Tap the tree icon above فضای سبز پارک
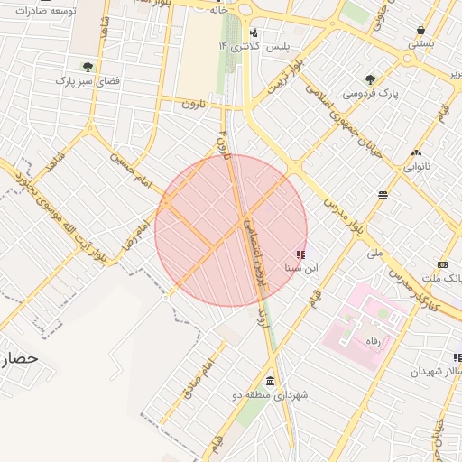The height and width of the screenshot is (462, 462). tap(88, 67)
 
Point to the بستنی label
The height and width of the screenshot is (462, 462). tap(421, 42)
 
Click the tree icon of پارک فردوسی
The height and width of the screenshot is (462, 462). tap(370, 79)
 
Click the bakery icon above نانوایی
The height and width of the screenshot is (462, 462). tap(416, 152)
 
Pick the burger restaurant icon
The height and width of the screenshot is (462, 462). tap(383, 194)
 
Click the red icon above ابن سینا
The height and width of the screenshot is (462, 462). tap(300, 254)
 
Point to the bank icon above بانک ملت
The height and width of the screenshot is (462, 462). tap(442, 263)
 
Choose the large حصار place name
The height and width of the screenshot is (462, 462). tap(20, 358)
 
